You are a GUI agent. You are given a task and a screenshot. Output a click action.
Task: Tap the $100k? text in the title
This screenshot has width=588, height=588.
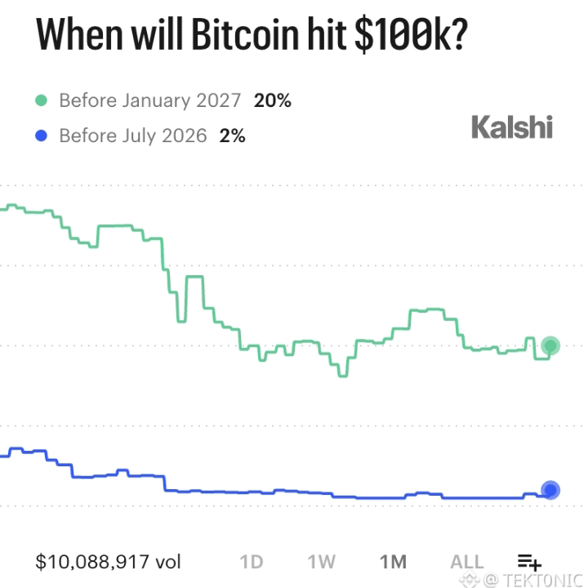[411, 35]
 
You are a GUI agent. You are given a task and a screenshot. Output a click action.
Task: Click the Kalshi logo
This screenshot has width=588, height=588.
[512, 127]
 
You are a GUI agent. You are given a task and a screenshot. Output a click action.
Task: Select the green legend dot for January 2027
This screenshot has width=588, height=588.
[42, 100]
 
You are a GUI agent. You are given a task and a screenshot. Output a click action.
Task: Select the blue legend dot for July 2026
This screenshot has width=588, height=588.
[42, 136]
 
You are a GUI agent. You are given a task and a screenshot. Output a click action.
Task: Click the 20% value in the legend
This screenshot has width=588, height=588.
[272, 100]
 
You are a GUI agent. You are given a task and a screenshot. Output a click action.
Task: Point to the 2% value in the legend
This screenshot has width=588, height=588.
[232, 136]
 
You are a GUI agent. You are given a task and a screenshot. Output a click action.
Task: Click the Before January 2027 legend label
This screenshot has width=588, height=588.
[150, 100]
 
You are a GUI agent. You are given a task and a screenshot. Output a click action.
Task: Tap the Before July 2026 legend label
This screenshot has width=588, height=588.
[133, 136]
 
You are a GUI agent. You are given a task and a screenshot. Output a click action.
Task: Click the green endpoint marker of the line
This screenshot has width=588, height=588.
[550, 345]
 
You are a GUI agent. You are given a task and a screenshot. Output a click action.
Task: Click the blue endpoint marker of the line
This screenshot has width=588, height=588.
[550, 490]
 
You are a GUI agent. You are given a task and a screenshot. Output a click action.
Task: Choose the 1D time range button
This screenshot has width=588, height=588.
[252, 562]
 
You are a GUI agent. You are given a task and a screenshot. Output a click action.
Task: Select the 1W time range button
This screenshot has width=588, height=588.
[322, 562]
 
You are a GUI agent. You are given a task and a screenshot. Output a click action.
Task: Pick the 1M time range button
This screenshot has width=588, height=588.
[393, 562]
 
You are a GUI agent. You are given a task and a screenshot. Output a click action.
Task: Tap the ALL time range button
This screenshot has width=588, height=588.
[467, 562]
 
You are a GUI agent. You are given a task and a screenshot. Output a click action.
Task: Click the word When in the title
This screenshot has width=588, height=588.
[79, 34]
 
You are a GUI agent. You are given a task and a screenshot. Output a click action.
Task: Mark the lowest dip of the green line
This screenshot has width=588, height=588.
[343, 376]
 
